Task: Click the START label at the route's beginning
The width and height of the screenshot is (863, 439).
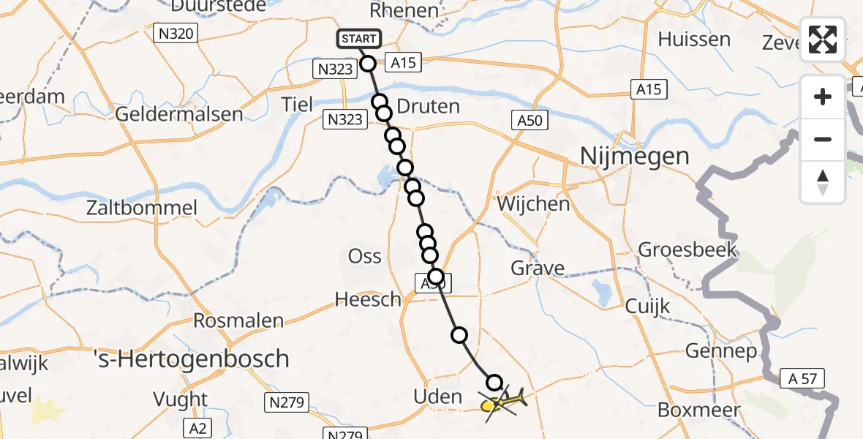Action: [358, 39]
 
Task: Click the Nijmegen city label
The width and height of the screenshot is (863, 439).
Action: [634, 156]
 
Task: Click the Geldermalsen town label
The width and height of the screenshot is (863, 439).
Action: [179, 114]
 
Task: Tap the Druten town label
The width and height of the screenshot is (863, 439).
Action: [429, 107]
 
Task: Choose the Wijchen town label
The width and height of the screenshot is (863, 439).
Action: [533, 203]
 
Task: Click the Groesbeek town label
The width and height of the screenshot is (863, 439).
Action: [687, 250]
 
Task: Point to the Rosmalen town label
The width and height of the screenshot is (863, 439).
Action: [238, 320]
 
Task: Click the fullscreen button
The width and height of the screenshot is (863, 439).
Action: [823, 40]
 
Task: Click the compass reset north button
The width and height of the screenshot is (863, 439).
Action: [823, 181]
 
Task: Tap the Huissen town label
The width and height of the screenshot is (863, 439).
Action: [694, 40]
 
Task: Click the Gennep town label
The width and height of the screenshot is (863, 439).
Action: [721, 352]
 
